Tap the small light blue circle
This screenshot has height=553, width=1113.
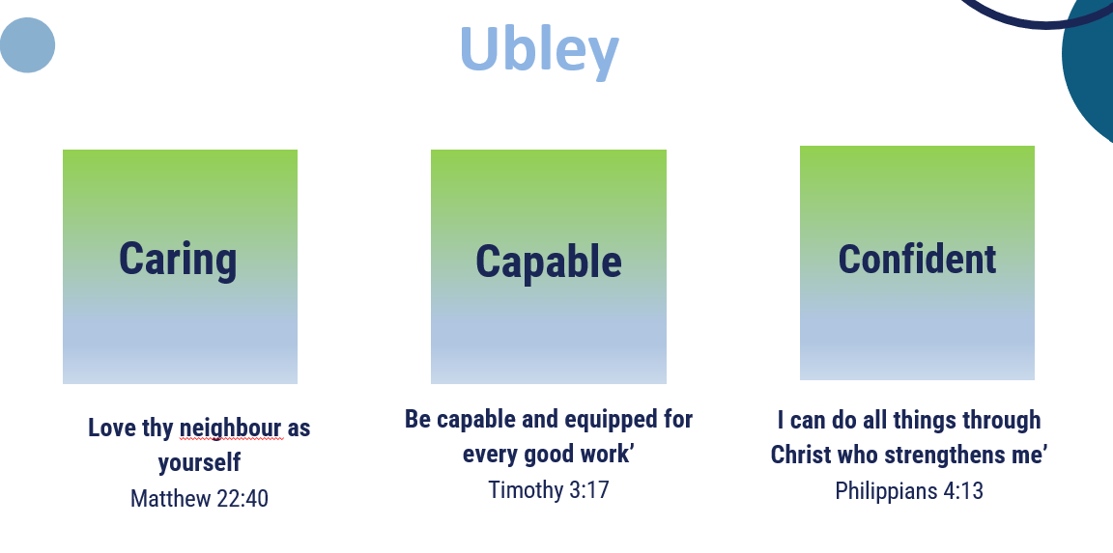click(27, 45)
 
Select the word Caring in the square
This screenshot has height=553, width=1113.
click(178, 261)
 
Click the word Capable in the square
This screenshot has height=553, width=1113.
click(549, 263)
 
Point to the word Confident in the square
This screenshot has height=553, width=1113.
click(917, 259)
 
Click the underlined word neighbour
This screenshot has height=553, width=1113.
click(231, 429)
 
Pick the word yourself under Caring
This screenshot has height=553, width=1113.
click(199, 463)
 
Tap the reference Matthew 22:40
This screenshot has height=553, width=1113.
click(199, 498)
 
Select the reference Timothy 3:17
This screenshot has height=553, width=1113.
click(549, 490)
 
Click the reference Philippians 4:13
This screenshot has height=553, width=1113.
click(909, 490)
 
